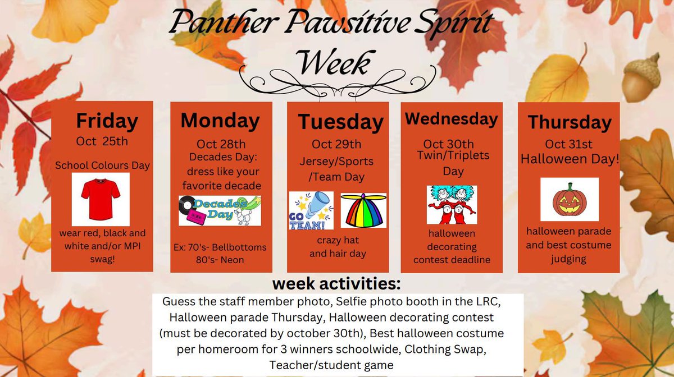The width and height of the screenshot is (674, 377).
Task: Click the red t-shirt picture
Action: pyautogui.click(x=101, y=199)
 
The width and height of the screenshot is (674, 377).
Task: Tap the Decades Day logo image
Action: pyautogui.click(x=220, y=210)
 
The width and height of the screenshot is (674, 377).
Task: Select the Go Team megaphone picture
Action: pyautogui.click(x=311, y=210)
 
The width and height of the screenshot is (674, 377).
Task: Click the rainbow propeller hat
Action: pyautogui.click(x=363, y=211)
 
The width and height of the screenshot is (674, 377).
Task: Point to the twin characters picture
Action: pyautogui.click(x=452, y=205)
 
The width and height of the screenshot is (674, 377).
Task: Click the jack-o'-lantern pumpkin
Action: pyautogui.click(x=569, y=199)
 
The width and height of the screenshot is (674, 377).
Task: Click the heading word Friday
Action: pyautogui.click(x=107, y=121)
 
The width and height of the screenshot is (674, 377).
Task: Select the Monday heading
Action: pyautogui.click(x=220, y=121)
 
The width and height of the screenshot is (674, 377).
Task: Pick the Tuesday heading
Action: pyautogui.click(x=340, y=122)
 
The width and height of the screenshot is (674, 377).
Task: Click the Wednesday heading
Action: pyautogui.click(x=452, y=119)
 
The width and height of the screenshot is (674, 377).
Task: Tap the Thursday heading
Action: pyautogui.click(x=570, y=122)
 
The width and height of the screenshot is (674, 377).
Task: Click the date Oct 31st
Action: pyautogui.click(x=570, y=145)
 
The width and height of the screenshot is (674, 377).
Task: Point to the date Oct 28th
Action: pyautogui.click(x=221, y=144)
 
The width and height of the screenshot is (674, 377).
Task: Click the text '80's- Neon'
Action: pyautogui.click(x=221, y=260)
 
